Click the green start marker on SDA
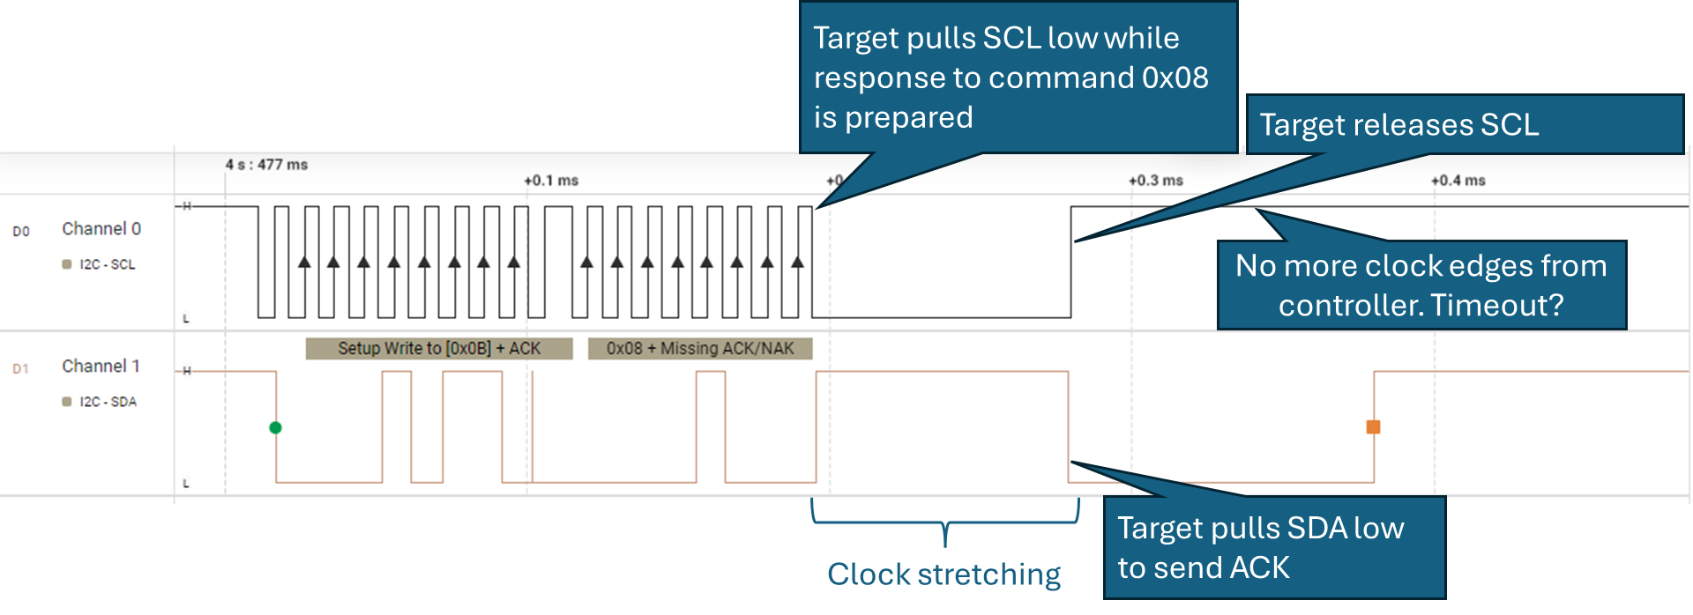(x=275, y=427)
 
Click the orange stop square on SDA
(x=1373, y=427)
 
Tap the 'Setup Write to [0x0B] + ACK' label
(x=439, y=349)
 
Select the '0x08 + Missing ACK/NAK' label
(x=700, y=349)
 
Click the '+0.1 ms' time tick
(x=551, y=181)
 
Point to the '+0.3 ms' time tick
(x=1156, y=181)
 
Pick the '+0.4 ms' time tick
(x=1458, y=181)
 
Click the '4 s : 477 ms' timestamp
(x=266, y=165)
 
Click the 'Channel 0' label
(x=101, y=229)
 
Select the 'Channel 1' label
(x=101, y=367)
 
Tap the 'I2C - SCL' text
(x=107, y=264)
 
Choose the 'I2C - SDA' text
(x=108, y=402)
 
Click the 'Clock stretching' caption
(x=943, y=574)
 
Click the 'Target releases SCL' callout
(x=1398, y=125)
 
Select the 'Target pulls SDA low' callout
(x=1261, y=529)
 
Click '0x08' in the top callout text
(x=1175, y=78)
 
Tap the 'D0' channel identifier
(x=21, y=232)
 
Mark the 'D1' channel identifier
(x=21, y=369)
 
